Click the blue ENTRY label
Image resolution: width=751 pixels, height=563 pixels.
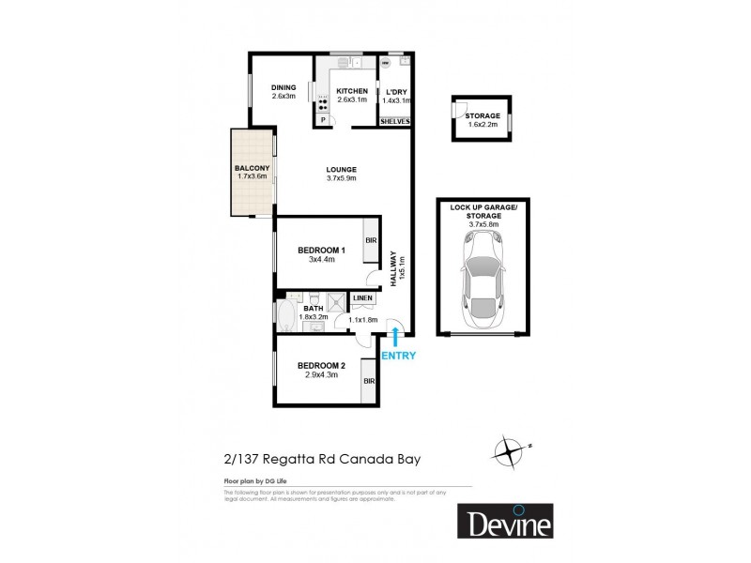[x=398, y=356]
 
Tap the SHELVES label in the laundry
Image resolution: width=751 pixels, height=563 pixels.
[x=394, y=122]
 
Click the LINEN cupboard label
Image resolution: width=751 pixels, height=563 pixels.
[x=363, y=298]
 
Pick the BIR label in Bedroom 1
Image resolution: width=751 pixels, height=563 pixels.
[x=371, y=240]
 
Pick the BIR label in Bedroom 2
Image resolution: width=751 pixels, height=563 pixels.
[x=369, y=381]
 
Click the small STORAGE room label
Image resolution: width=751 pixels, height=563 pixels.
[x=482, y=115]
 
